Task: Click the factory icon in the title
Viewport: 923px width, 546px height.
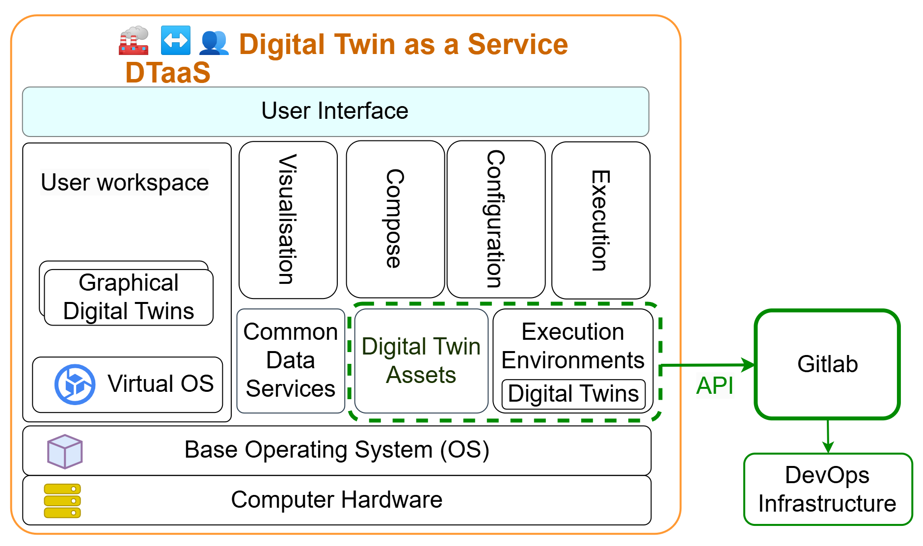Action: pos(134,40)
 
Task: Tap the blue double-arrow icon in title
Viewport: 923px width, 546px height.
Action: pos(175,40)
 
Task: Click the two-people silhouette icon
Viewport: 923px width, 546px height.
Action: pos(214,42)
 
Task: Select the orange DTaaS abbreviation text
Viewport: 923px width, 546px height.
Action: pos(167,73)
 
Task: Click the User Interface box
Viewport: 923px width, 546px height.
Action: pos(335,111)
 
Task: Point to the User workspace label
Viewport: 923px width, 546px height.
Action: pos(125,182)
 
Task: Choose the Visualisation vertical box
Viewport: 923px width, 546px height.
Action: pos(288,219)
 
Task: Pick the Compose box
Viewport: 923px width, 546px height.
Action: pos(395,219)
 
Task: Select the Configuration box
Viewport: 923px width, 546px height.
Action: pos(496,219)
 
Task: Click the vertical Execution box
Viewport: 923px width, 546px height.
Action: pos(600,220)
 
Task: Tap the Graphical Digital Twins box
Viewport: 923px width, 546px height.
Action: pos(129,297)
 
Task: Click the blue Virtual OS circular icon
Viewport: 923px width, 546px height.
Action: pos(75,384)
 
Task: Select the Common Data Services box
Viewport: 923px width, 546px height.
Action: pos(291,361)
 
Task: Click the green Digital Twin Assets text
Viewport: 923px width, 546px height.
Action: pos(421,361)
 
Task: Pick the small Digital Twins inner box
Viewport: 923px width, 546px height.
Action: pos(573,394)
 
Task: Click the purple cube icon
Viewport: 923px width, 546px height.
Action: pos(65,451)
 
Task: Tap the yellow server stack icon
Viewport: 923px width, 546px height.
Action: pos(62,500)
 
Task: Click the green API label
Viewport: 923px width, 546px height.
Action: pos(714,386)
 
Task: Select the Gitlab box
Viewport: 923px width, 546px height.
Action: pos(827,364)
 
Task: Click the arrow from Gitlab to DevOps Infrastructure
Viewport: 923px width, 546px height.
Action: pos(828,436)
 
